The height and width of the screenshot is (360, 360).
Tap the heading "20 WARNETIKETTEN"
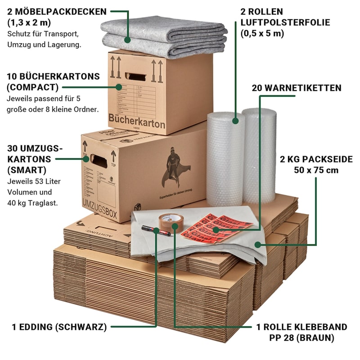click(297, 88)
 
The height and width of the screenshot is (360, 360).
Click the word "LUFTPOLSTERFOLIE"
click(285, 22)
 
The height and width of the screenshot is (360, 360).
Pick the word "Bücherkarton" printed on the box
click(137, 121)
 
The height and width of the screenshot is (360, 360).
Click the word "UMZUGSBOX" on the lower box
click(100, 211)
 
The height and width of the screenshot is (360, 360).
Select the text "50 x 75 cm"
click(316, 170)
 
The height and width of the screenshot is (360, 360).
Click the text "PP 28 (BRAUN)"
click(302, 337)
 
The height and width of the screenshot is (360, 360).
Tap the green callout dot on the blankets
click(128, 40)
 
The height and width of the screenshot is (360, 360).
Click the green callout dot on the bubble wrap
click(235, 121)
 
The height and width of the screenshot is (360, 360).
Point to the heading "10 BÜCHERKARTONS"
click(54, 76)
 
